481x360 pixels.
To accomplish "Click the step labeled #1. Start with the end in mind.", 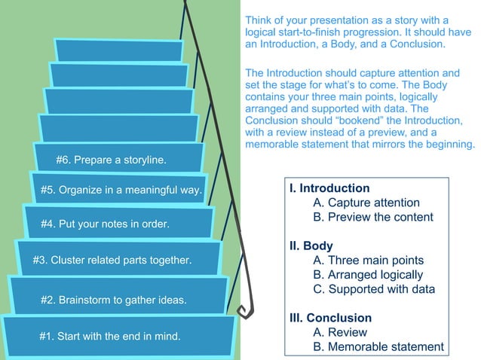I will click(x=110, y=336).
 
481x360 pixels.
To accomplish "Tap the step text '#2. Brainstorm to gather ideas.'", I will click(x=113, y=300).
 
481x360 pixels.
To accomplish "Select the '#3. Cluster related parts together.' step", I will click(x=112, y=261).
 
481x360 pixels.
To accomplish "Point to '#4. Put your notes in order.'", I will click(x=105, y=224).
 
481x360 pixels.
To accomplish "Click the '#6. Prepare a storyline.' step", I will click(x=112, y=160).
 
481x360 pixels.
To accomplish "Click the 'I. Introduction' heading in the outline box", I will click(x=329, y=188).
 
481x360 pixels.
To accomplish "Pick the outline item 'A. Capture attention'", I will click(x=366, y=203).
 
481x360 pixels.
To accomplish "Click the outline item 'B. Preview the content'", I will click(x=373, y=217).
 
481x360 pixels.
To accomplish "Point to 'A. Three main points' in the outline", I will click(x=368, y=261).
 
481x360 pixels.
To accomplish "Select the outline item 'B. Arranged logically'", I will click(x=368, y=275).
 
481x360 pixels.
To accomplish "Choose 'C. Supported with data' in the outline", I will click(x=374, y=289).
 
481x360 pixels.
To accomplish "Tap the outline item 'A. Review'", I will click(x=340, y=332).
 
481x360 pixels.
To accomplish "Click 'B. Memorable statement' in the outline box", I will click(x=378, y=346).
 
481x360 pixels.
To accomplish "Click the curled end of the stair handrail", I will click(x=244, y=311).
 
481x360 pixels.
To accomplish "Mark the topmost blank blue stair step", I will click(x=119, y=50).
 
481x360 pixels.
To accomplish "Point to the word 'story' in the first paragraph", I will click(x=401, y=19).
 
